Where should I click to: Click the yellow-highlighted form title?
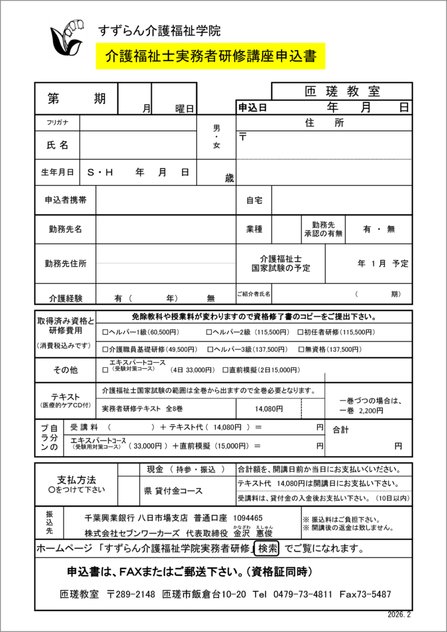(211, 57)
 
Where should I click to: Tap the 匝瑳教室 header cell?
(342, 91)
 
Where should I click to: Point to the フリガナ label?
(57, 122)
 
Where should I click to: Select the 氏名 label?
(57, 145)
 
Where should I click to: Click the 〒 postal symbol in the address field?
(243, 136)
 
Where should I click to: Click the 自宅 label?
(254, 200)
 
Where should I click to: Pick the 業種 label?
(254, 229)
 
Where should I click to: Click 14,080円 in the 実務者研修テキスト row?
(269, 409)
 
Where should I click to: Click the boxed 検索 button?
(268, 548)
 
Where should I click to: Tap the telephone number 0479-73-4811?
(298, 594)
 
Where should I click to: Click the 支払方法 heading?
(77, 480)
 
